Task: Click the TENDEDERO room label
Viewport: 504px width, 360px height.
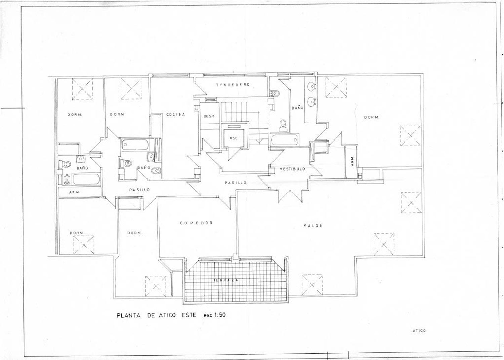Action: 233,85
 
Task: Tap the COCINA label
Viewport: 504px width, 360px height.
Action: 175,115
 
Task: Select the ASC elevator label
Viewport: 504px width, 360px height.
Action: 234,138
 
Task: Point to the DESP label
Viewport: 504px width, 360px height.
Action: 209,116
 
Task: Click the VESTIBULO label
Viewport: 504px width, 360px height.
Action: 293,169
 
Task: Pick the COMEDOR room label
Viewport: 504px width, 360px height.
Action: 197,223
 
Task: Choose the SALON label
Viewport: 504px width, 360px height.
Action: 313,226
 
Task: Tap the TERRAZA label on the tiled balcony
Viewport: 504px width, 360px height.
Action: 226,280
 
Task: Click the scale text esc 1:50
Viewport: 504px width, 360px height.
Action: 214,315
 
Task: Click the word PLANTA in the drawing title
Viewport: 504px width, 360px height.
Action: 128,316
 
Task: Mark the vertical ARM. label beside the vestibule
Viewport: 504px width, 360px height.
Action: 352,161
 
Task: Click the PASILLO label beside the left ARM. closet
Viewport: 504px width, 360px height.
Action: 139,190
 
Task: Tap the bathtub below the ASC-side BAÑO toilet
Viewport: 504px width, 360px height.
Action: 285,140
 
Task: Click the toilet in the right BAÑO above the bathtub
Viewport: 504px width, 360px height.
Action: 282,125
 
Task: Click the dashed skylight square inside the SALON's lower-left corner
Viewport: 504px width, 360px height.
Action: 312,285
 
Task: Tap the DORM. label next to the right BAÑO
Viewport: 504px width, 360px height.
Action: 372,117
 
